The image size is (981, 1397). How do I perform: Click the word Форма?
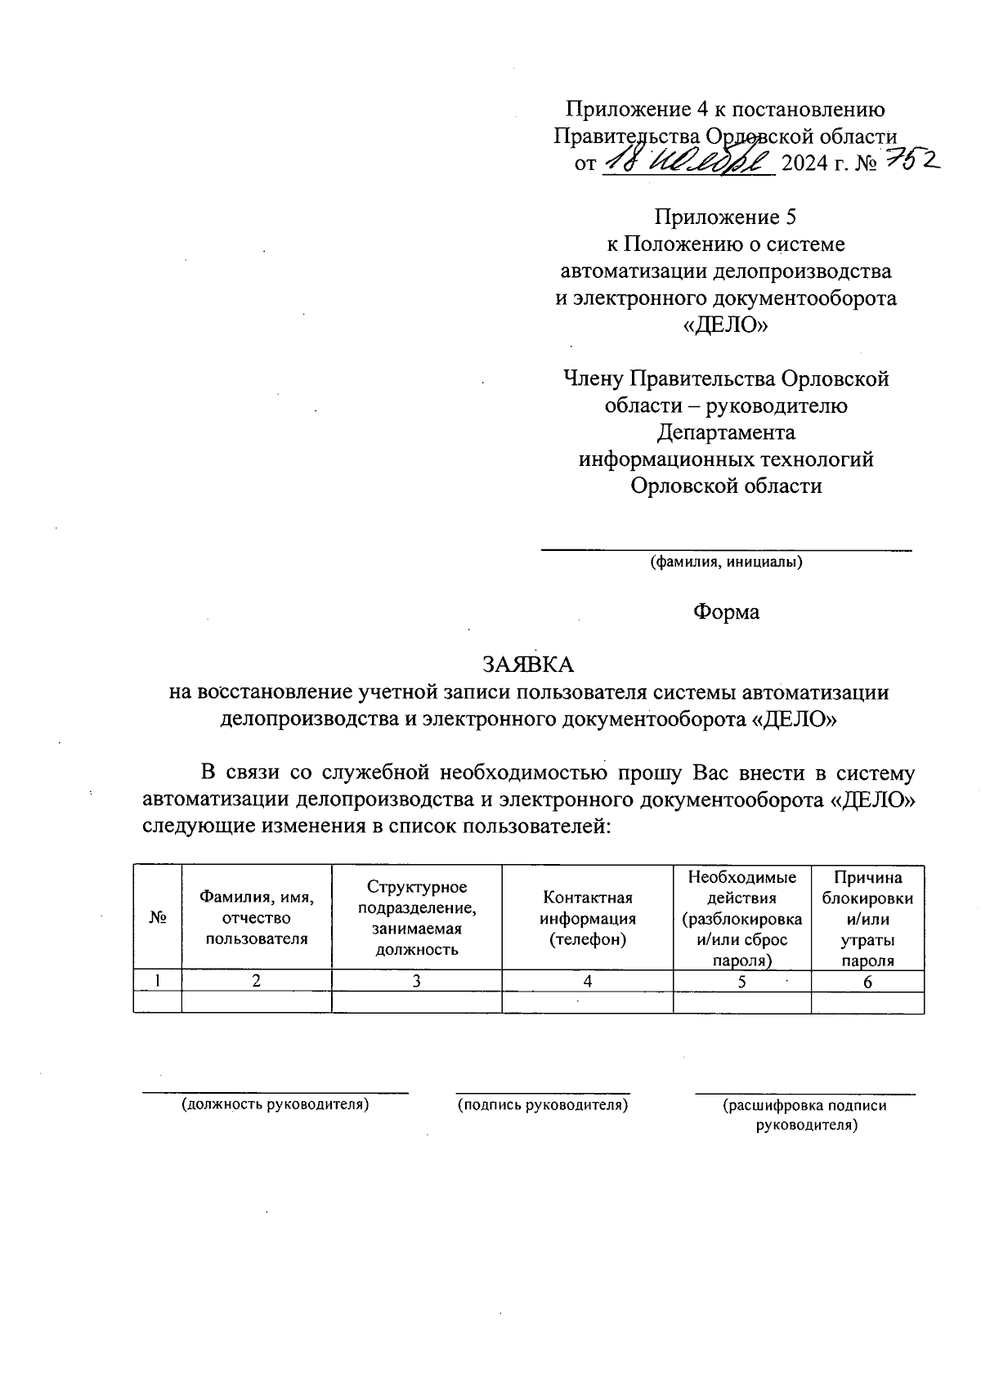pyautogui.click(x=726, y=611)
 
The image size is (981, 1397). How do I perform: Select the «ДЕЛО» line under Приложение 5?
pyautogui.click(x=725, y=325)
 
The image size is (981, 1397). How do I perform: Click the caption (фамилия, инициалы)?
pyautogui.click(x=725, y=562)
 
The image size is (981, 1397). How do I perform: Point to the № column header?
pyautogui.click(x=158, y=918)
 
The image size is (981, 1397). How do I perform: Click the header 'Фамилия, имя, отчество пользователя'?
pyautogui.click(x=257, y=918)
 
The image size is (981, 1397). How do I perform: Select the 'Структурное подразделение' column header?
pyautogui.click(x=417, y=918)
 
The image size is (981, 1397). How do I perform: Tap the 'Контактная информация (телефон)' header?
pyautogui.click(x=587, y=918)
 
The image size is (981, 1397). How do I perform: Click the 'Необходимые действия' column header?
pyautogui.click(x=741, y=918)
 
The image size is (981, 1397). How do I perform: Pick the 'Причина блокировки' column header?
pyautogui.click(x=867, y=918)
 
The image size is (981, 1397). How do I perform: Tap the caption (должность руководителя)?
pyautogui.click(x=275, y=1105)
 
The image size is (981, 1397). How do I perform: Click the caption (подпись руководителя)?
pyautogui.click(x=543, y=1105)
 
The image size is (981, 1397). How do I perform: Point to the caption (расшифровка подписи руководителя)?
pyautogui.click(x=805, y=1115)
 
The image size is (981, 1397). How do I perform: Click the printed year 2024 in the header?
pyautogui.click(x=805, y=163)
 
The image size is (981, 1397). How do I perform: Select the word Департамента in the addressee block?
pyautogui.click(x=725, y=432)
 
